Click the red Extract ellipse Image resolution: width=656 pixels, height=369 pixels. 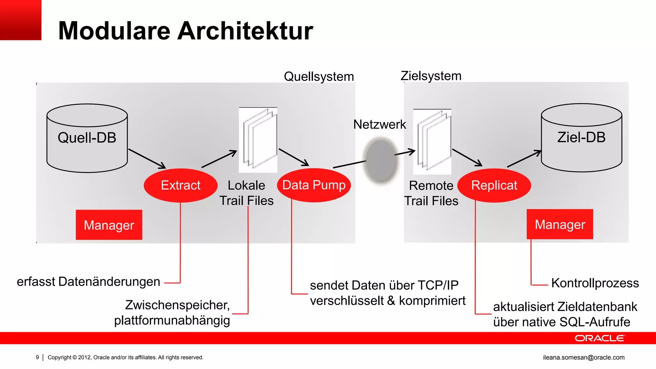[181, 185]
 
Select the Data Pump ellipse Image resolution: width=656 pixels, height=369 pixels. [314, 185]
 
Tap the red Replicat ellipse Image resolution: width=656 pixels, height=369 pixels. [494, 185]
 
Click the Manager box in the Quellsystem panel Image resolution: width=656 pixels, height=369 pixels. [109, 225]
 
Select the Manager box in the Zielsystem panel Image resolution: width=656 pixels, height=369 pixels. [560, 224]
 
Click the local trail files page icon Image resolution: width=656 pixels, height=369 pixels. [258, 140]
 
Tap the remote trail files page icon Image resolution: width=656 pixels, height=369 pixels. [432, 142]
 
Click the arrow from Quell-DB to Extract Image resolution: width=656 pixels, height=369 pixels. [147, 159]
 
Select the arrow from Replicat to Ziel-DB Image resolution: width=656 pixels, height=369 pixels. [524, 159]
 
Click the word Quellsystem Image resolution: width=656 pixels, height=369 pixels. [319, 77]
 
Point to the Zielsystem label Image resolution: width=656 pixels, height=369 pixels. [431, 76]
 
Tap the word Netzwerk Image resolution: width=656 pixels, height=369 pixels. [380, 124]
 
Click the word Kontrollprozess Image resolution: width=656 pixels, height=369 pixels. [595, 283]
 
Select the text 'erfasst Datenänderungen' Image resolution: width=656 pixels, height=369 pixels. [88, 282]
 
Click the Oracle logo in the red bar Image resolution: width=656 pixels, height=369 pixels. [600, 338]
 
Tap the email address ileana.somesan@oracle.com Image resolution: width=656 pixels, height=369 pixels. [584, 357]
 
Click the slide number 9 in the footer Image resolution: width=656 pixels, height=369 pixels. [37, 357]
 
